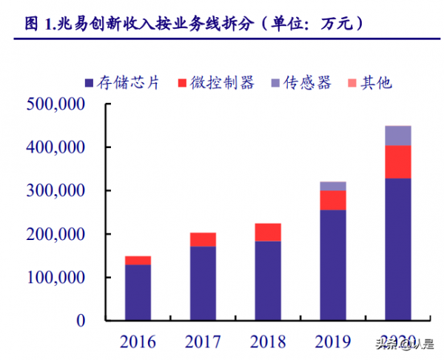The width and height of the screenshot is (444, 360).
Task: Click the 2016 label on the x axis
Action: point(138,341)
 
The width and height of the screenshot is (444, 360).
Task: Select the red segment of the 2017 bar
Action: point(203,239)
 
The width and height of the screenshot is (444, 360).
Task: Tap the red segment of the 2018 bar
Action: point(268,232)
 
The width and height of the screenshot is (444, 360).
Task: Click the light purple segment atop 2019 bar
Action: point(333,186)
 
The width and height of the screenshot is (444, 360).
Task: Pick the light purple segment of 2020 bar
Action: point(398,136)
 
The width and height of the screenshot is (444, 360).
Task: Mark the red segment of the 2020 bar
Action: point(398,161)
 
